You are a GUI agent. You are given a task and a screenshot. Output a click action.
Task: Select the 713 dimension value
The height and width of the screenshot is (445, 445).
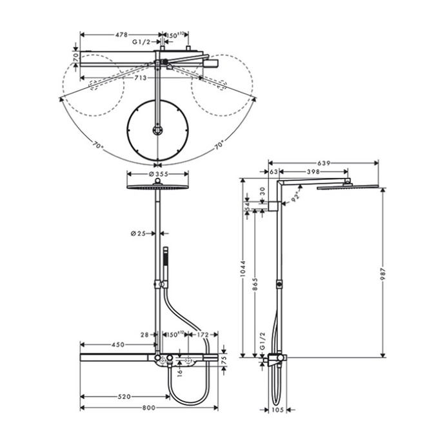(x=140, y=77)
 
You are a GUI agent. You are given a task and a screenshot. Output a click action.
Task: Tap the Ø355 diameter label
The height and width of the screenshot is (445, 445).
(x=158, y=174)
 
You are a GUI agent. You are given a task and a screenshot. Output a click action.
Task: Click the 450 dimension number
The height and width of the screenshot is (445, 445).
(x=117, y=344)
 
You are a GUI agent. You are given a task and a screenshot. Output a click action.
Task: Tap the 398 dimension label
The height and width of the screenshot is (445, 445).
(x=314, y=172)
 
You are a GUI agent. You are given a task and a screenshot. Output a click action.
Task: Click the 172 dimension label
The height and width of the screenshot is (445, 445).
(x=202, y=335)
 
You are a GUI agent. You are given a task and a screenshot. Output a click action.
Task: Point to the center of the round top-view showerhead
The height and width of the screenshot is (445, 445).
(x=157, y=131)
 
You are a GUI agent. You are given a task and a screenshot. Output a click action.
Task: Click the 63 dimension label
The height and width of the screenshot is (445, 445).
(x=273, y=172)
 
